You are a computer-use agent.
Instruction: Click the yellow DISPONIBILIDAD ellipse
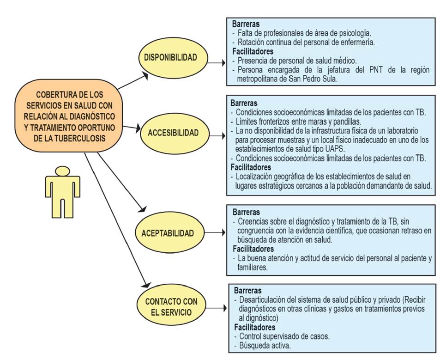tap(170, 57)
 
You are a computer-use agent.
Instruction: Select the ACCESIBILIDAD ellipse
tap(174, 133)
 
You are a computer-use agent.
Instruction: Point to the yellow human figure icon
tap(60, 192)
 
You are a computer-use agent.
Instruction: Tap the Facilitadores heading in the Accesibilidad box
tap(250, 167)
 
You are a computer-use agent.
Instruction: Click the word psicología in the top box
tap(354, 33)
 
